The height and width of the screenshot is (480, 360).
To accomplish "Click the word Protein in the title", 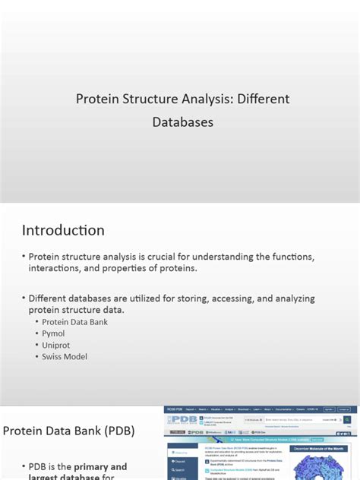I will [97, 99].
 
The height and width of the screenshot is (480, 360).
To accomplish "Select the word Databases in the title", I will [183, 122].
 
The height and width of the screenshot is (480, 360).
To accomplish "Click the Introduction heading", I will [63, 230].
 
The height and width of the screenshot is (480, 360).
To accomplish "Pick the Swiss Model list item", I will [65, 356].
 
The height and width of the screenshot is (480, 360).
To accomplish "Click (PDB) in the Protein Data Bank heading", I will [118, 431].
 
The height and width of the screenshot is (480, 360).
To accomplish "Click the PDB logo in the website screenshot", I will [182, 421].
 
